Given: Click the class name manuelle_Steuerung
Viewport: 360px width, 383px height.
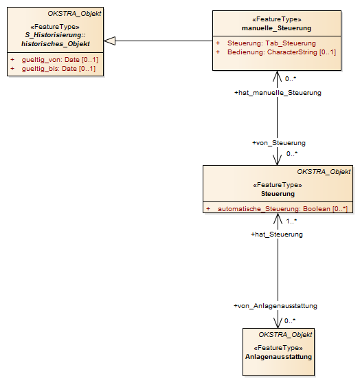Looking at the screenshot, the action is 276,28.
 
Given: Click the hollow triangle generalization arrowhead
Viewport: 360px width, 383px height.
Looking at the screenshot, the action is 109,41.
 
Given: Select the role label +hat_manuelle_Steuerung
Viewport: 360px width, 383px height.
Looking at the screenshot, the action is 278,93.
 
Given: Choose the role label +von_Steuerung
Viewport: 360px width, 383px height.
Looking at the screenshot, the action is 279,143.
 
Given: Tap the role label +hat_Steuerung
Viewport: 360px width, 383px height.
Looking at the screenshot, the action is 277,234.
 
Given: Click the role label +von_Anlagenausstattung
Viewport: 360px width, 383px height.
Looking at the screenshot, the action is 275,306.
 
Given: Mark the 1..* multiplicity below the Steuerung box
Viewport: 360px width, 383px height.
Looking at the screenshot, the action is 291,221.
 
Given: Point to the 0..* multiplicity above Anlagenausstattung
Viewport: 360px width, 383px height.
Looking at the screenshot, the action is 290,321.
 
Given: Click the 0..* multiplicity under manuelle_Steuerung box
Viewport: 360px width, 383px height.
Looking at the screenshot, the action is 291,79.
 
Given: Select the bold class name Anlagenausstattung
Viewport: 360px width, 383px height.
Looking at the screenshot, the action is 278,357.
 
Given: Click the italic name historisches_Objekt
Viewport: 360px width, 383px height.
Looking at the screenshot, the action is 56,44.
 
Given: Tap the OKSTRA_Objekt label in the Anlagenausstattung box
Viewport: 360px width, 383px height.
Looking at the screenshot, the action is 285,335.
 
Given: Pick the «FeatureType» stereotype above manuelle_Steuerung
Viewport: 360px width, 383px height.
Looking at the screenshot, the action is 277,19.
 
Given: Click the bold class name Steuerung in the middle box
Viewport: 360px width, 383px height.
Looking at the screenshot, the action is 278,194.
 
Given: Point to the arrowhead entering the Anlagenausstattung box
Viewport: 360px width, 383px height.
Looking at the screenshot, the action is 278,323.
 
